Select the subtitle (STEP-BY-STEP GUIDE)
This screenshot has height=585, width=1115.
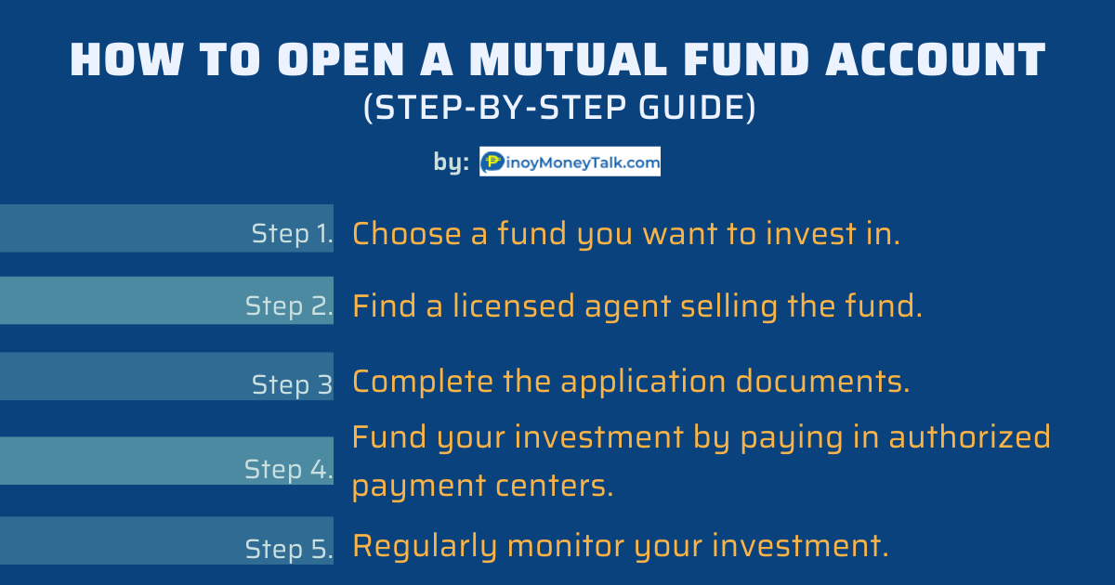point(558,109)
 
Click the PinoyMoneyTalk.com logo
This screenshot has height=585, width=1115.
point(570,162)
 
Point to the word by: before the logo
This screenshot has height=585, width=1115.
point(451,162)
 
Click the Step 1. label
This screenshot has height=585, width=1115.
point(292,234)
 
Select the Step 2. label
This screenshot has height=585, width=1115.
point(289,306)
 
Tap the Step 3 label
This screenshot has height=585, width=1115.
point(292,384)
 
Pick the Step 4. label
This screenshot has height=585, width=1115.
point(289,470)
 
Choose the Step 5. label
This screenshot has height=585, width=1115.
point(289,549)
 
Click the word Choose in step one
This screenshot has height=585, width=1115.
point(407,233)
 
